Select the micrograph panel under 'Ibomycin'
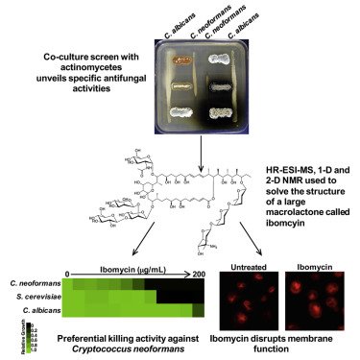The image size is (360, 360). coord(315,296)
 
